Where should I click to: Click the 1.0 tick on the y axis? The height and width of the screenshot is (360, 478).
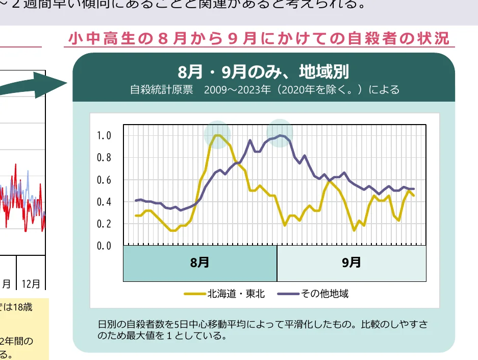coord(104,135)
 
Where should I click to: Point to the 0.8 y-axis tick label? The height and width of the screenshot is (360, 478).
coord(104,157)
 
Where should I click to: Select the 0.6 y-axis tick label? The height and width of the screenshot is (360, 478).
coord(104,180)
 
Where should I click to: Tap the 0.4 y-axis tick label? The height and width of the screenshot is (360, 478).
coord(104,202)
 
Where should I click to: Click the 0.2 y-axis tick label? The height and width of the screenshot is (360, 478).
coord(104,224)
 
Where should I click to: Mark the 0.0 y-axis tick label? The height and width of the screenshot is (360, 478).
coord(104,246)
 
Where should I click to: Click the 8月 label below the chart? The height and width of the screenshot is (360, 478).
coord(199,263)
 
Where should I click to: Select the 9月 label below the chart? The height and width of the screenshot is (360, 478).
coord(351,263)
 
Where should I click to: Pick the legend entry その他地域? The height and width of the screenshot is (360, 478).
coord(324,294)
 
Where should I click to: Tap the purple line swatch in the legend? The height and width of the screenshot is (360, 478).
coord(288,294)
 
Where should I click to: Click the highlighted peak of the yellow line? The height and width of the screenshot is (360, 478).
coord(218,135)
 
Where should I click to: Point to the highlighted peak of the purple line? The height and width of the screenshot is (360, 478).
coord(280,135)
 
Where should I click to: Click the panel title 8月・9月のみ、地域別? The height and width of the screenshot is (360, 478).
coord(263,71)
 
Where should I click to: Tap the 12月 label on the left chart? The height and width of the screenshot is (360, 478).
coord(31,283)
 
